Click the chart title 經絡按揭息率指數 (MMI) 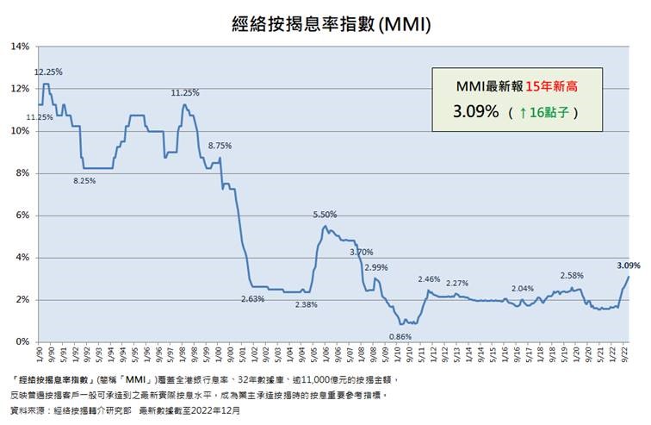pyautogui.click(x=325, y=25)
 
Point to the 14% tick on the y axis pyautogui.click(x=20, y=47)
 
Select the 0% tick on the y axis pyautogui.click(x=22, y=342)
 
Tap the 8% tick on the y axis pyautogui.click(x=22, y=173)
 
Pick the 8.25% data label pyautogui.click(x=84, y=180)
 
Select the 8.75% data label pyautogui.click(x=220, y=146)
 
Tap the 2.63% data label pyautogui.click(x=252, y=298)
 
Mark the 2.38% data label pyautogui.click(x=306, y=304)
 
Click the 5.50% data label pyautogui.click(x=325, y=214)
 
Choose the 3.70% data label pyautogui.click(x=362, y=252)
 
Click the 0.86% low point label pyautogui.click(x=400, y=335)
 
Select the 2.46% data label pyautogui.click(x=429, y=279)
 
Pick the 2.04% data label pyautogui.click(x=523, y=289)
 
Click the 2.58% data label pyautogui.click(x=572, y=275)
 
